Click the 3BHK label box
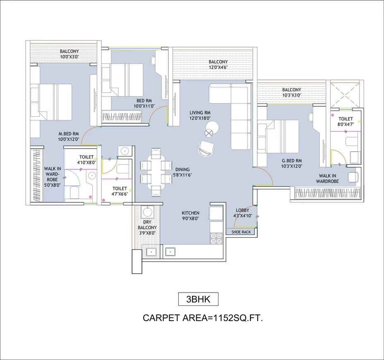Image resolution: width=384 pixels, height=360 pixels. [x=198, y=299]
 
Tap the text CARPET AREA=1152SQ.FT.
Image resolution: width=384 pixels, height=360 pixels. [x=203, y=318]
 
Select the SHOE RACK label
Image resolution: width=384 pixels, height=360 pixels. [x=241, y=232]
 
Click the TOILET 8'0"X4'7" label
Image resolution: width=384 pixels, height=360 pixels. [x=346, y=121]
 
